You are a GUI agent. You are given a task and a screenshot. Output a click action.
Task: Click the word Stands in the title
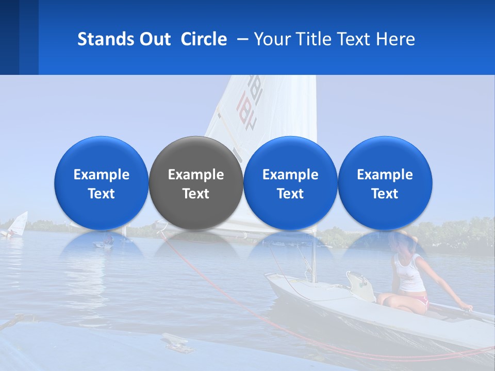pos(105,39)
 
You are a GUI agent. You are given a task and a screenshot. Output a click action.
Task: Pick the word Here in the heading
pos(395,39)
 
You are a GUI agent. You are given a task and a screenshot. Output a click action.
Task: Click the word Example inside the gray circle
pos(196,175)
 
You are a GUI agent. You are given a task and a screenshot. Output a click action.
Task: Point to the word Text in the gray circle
pos(196,194)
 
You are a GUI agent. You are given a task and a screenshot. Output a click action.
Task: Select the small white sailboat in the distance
pos(18,224)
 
